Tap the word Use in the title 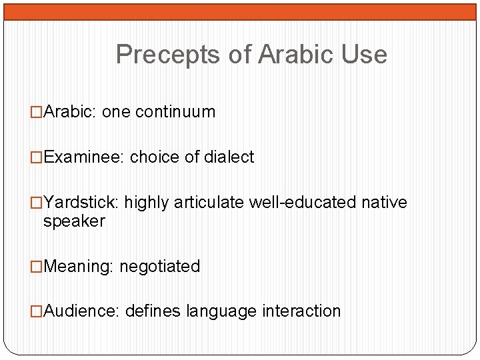pos(364,55)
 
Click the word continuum pos(175,112)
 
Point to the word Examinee pos(83,157)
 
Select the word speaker pos(74,221)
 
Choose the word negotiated pos(159,267)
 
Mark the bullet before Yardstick pos(37,203)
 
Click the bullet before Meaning pos(37,267)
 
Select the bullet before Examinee pos(37,157)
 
